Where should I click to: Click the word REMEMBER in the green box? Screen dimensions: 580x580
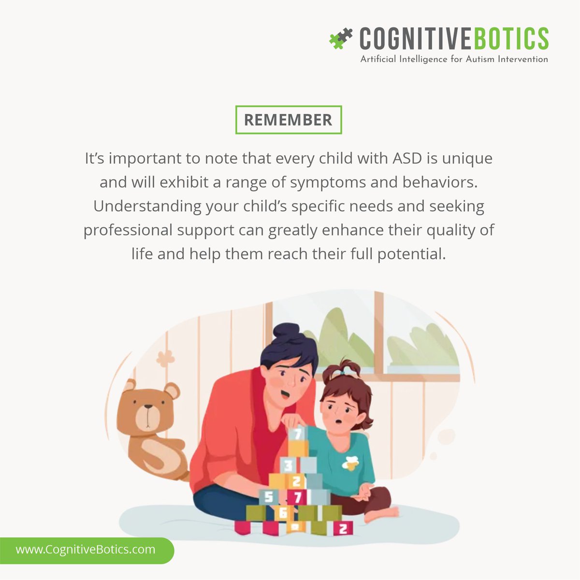point(288,120)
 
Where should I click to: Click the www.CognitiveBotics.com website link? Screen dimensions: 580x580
point(86,550)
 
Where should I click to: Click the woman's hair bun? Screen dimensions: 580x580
point(286,334)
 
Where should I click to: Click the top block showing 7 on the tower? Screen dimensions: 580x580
point(298,433)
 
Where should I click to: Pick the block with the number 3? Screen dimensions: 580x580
point(288,466)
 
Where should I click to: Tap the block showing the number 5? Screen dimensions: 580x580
point(269,496)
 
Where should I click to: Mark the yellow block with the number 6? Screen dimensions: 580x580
point(283,512)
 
